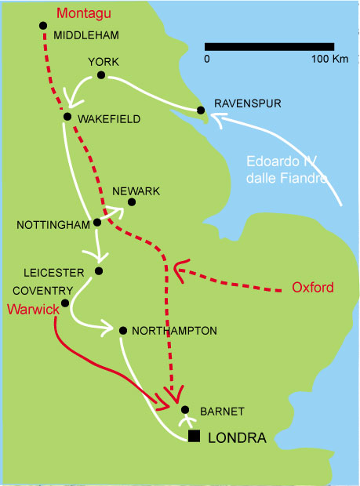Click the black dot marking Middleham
pos(43,25)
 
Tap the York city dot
pos(101,75)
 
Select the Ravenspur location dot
pos(201,110)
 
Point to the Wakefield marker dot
pos(67,117)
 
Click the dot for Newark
pos(132,202)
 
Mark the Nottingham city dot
pos(97,223)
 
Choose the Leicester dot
pos(99,271)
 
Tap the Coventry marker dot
pos(65,303)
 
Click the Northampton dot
pos(123,331)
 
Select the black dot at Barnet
pos(185,410)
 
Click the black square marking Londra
pos(194,436)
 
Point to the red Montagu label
pos(84,14)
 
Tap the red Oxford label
pos(313,288)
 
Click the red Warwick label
pos(33,310)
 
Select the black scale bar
pos(270,47)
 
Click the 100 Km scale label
pos(330,59)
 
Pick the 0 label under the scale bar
pos(207,59)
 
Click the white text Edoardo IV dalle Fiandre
pos(286,170)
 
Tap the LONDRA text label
pos(237,437)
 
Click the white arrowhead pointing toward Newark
pos(118,211)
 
